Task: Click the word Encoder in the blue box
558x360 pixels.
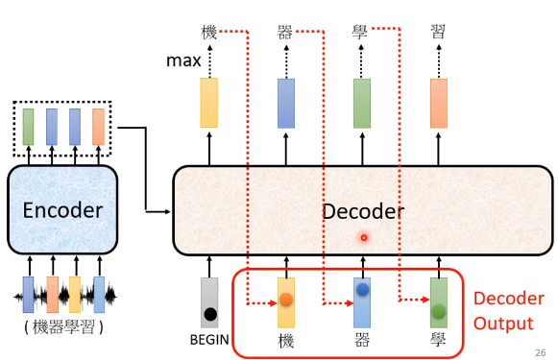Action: (61, 210)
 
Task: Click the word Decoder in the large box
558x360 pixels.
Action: (362, 210)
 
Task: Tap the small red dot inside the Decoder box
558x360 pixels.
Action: (363, 236)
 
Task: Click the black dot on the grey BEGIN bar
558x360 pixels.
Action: (210, 313)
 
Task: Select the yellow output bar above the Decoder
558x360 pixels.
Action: (209, 104)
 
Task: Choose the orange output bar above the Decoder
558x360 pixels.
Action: (439, 104)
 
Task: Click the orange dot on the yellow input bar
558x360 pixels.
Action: (286, 299)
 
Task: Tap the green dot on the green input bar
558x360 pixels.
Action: (439, 311)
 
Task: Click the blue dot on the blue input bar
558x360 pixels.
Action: (362, 289)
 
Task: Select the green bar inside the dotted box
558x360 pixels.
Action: (28, 127)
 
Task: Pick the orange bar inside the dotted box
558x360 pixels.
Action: (98, 127)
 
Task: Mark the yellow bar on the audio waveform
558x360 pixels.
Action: (76, 295)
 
